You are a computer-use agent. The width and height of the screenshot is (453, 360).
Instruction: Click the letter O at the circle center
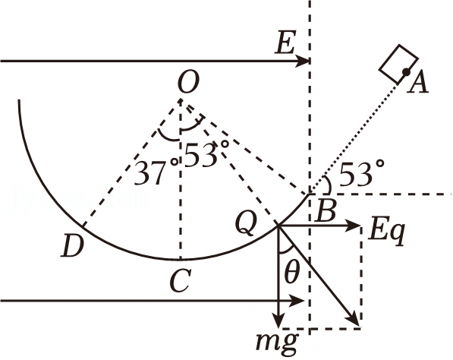[x=189, y=83]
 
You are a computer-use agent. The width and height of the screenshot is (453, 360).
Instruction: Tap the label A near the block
[x=417, y=83]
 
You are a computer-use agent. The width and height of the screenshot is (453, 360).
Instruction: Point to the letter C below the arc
[x=180, y=281]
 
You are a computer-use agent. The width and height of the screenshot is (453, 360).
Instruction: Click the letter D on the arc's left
[x=72, y=246]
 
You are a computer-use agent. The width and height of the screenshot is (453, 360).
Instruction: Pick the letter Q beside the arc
[x=247, y=225]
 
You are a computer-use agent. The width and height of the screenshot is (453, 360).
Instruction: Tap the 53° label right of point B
[x=362, y=173]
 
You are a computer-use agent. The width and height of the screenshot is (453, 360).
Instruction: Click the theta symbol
[x=292, y=273]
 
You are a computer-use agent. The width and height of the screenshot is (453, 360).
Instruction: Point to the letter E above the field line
[x=285, y=43]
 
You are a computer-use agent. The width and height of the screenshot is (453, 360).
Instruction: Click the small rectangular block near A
[x=398, y=65]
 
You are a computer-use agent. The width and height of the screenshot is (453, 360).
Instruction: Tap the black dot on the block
[x=406, y=72]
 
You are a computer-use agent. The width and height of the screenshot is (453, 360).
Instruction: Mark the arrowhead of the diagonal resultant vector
[x=354, y=321]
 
